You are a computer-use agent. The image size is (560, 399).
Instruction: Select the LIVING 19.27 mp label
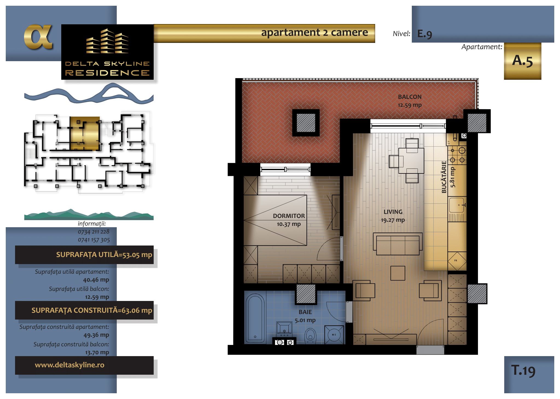pyautogui.click(x=393, y=216)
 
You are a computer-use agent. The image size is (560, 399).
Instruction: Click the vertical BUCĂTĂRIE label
pyautogui.click(x=444, y=177)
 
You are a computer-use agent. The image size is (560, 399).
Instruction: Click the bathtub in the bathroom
pyautogui.click(x=255, y=318)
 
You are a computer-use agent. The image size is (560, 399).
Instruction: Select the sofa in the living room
pyautogui.click(x=398, y=244)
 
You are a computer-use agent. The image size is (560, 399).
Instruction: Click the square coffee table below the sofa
pyautogui.click(x=398, y=273)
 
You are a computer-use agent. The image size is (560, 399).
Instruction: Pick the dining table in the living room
pyautogui.click(x=411, y=161)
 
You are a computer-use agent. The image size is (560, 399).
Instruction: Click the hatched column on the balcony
pyautogui.click(x=306, y=123)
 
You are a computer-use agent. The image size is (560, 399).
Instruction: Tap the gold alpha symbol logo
pyautogui.click(x=38, y=37)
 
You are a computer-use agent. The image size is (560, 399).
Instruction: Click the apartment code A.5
pyautogui.click(x=523, y=61)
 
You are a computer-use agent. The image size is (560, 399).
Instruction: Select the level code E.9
pyautogui.click(x=425, y=34)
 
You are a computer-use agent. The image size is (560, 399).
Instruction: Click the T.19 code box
pyautogui.click(x=529, y=374)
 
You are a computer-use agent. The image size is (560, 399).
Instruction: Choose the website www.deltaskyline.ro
pyautogui.click(x=69, y=365)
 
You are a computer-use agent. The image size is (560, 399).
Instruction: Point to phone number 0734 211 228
pyautogui.click(x=94, y=232)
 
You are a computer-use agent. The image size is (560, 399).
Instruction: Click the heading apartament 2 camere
pyautogui.click(x=314, y=32)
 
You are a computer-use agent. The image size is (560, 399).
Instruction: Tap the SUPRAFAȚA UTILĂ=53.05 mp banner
pyautogui.click(x=84, y=255)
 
